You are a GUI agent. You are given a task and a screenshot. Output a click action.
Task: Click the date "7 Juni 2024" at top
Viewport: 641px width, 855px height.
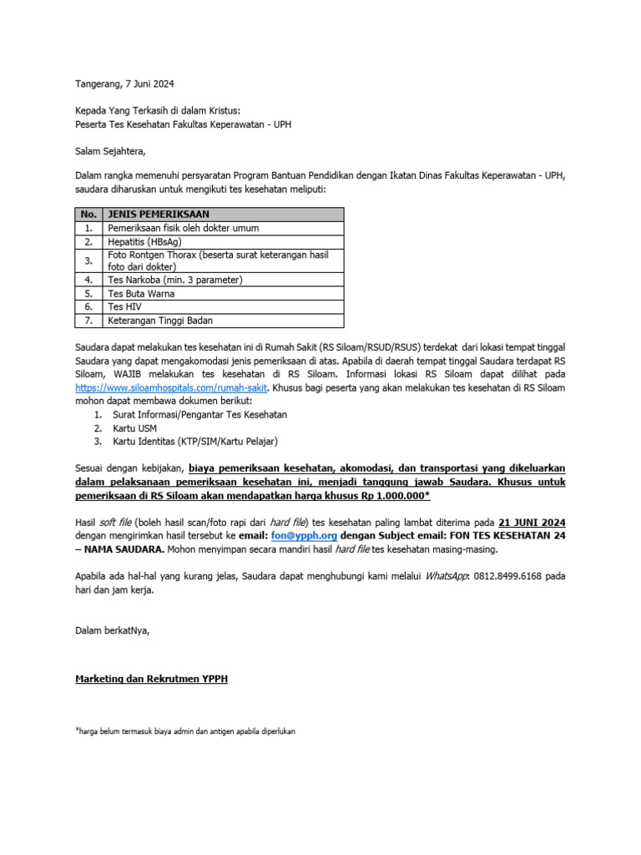click(x=150, y=84)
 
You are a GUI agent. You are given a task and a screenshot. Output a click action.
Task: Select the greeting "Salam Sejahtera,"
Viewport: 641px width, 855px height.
click(x=110, y=151)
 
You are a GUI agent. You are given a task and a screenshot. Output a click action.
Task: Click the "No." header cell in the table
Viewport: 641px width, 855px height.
click(x=88, y=214)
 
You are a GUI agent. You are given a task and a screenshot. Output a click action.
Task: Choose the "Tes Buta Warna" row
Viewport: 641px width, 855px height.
click(x=141, y=294)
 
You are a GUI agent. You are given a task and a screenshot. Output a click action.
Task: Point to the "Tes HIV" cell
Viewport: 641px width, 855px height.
click(x=125, y=307)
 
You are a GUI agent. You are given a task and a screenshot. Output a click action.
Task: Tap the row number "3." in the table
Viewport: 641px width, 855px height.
click(x=88, y=261)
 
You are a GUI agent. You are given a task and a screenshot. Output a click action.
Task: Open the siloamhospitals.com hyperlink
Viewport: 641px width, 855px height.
click(x=171, y=388)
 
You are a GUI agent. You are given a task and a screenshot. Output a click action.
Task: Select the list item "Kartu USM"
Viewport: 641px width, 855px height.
click(x=134, y=428)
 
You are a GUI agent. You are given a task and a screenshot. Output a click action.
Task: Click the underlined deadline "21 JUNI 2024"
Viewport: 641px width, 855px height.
click(x=532, y=523)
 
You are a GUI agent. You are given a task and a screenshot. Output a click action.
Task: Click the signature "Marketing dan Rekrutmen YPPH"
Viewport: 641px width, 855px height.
click(x=151, y=680)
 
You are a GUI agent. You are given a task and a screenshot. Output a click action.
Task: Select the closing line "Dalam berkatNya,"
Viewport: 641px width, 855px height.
click(x=113, y=630)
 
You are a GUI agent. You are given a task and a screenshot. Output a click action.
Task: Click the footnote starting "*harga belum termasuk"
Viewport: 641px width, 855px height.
click(x=185, y=731)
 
